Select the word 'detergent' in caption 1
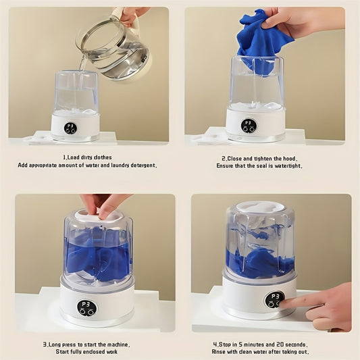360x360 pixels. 140,165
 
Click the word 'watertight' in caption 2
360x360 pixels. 288,165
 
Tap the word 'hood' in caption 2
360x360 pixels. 293,157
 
